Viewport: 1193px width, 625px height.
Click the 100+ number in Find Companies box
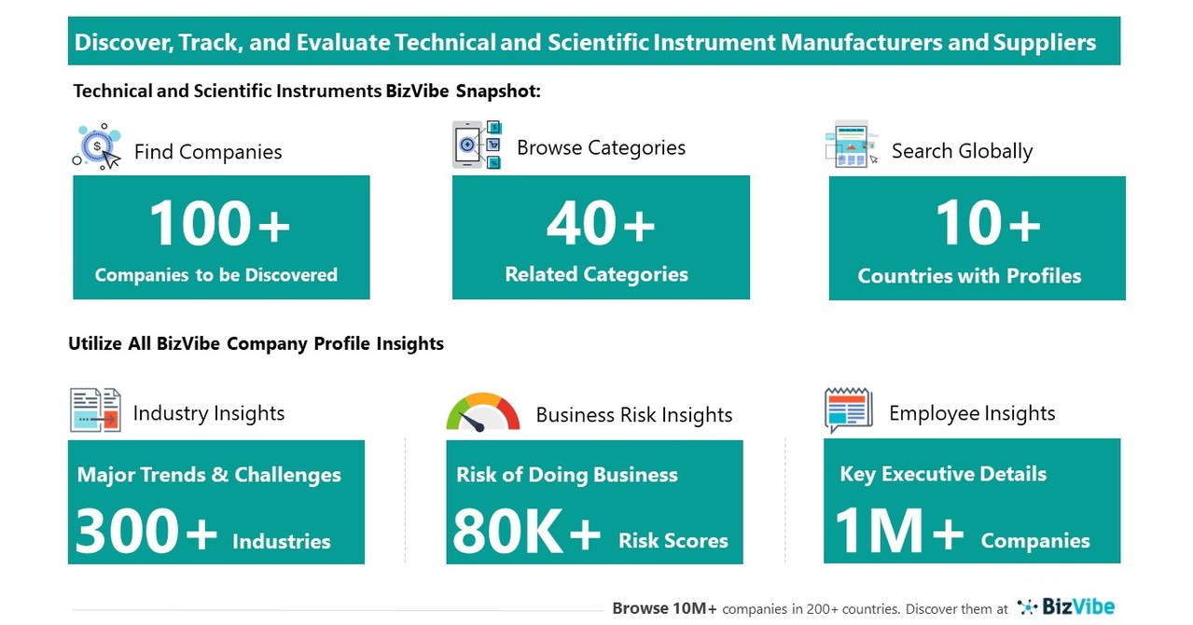coord(219,225)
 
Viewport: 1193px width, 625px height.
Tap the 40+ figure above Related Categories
coord(600,225)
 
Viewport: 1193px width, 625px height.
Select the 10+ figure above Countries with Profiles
coord(987,225)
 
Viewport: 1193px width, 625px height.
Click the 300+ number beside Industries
coord(146,533)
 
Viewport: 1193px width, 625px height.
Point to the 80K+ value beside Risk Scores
coord(527,533)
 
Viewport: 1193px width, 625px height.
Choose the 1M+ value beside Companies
coord(898,532)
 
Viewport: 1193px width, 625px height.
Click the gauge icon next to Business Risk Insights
coord(482,413)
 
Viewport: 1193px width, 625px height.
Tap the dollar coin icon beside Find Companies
coord(97,146)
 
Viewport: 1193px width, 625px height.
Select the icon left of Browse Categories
coord(477,145)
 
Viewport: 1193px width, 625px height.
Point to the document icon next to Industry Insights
coord(95,410)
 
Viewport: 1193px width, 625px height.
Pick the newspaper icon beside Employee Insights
coord(848,410)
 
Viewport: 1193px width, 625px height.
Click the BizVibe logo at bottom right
coord(1065,607)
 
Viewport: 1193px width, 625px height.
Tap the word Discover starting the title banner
coord(118,42)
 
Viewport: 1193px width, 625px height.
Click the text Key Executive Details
coord(943,474)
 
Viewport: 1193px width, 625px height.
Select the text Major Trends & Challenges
coord(209,474)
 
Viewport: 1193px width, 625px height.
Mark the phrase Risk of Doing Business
coord(566,474)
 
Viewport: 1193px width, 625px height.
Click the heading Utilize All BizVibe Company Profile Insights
coord(256,343)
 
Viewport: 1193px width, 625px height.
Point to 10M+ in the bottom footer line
coord(689,608)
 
